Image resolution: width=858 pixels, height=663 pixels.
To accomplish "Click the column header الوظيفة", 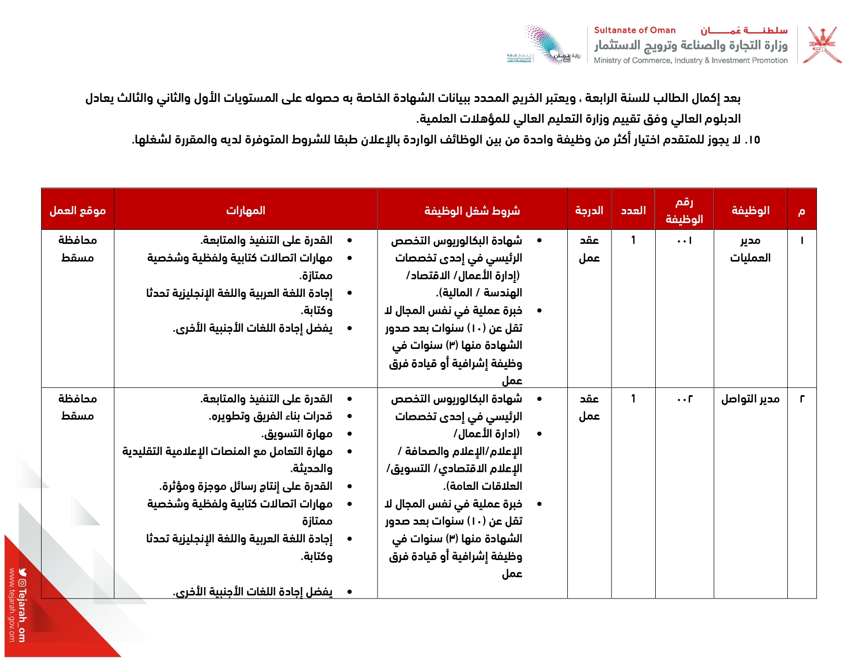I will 750,210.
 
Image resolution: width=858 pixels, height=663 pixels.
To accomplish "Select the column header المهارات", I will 245,210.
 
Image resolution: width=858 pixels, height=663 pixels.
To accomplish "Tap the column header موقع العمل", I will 77,210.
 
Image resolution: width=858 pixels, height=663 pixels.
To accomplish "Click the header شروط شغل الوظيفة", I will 472,210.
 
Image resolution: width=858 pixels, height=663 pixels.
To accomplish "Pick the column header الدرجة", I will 589,210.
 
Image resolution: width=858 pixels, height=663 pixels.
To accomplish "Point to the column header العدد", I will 633,210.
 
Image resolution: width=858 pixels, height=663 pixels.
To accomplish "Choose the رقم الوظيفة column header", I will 684,210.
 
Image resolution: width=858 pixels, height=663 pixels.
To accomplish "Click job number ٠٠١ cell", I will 684,240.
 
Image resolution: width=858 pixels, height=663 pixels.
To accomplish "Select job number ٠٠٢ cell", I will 684,399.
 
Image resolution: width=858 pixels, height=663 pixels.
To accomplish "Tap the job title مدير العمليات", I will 750,249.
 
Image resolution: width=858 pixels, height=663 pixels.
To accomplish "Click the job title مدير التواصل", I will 750,399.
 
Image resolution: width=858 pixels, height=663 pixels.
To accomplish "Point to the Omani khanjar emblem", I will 822,45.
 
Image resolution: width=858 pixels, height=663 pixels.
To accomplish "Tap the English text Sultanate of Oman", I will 634,30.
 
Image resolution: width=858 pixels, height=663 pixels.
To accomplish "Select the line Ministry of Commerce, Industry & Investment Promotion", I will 691,60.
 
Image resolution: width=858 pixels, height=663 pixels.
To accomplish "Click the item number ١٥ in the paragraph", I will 752,140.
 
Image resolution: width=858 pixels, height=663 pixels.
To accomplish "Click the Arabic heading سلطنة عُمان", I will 744,30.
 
